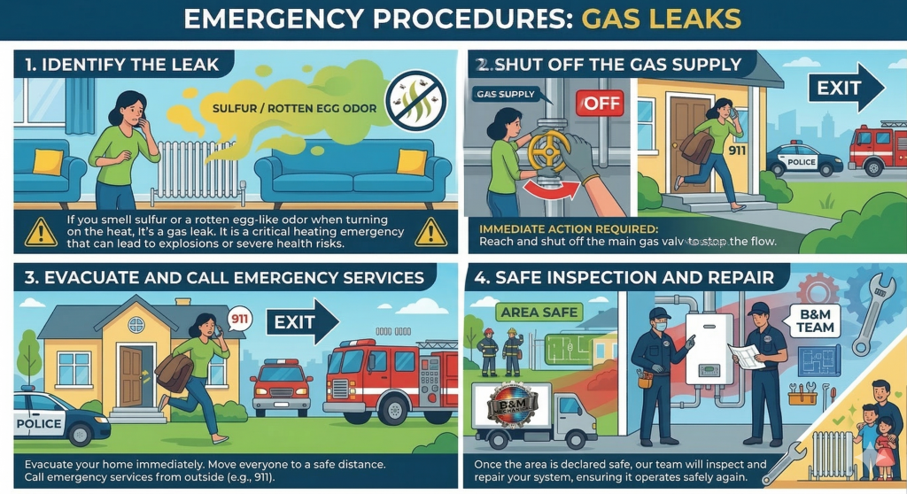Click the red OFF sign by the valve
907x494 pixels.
600,103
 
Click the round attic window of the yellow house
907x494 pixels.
136,324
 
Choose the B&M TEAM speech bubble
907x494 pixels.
815,320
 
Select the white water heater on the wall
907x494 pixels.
709,349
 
